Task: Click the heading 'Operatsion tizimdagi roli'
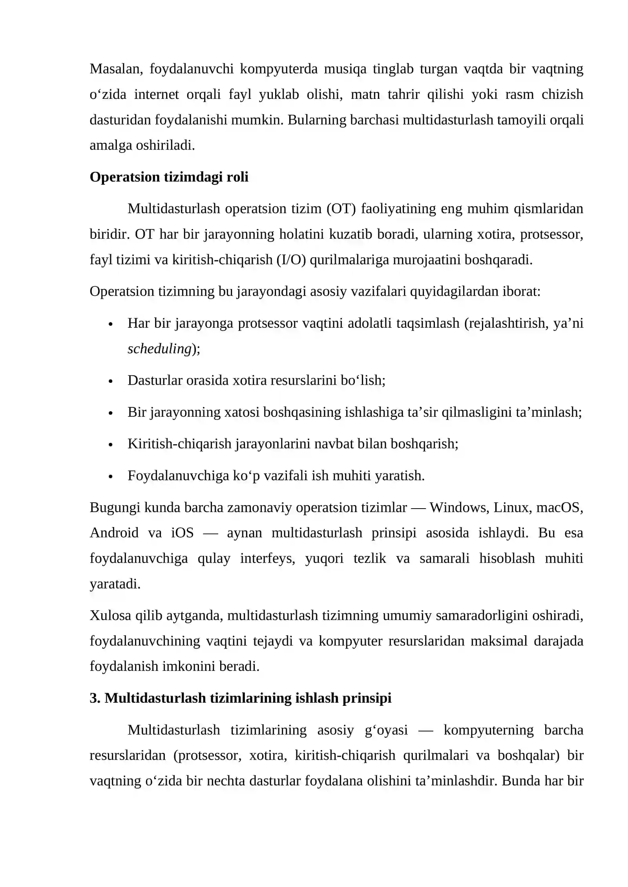[x=169, y=177]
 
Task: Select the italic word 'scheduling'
[x=159, y=349]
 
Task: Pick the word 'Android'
[x=114, y=533]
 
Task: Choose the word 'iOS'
[x=183, y=533]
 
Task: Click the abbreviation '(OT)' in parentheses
[x=341, y=209]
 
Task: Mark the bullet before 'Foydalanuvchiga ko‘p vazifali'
[x=111, y=476]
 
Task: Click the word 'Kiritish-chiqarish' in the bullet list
[x=179, y=444]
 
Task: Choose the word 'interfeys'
[x=267, y=558]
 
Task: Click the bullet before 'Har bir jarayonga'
[x=111, y=324]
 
